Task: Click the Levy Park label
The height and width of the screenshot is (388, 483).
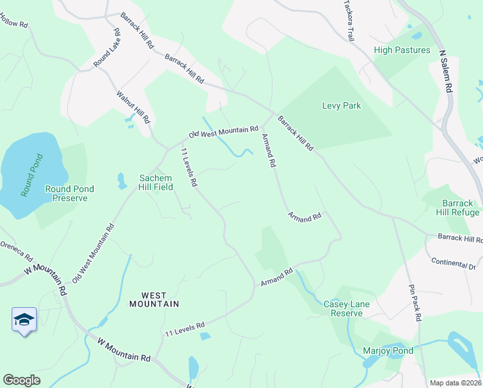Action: pos(341,105)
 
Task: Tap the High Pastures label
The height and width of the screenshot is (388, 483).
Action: pos(402,50)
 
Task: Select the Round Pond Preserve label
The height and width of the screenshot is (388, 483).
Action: pos(69,193)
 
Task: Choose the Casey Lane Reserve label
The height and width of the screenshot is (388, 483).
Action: pos(347,308)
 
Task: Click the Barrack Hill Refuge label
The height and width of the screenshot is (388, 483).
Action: pos(460,208)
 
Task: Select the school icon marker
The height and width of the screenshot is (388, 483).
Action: pos(24,319)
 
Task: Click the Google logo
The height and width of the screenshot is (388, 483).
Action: pos(22,380)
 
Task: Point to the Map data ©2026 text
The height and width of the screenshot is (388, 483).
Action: pos(455,382)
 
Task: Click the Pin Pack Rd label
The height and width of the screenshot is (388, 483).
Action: pos(415,302)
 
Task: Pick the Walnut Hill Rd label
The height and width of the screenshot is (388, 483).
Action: pos(132,107)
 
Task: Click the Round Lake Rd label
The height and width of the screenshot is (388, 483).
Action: pos(107,48)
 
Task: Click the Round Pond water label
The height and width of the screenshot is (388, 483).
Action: pos(32,175)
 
